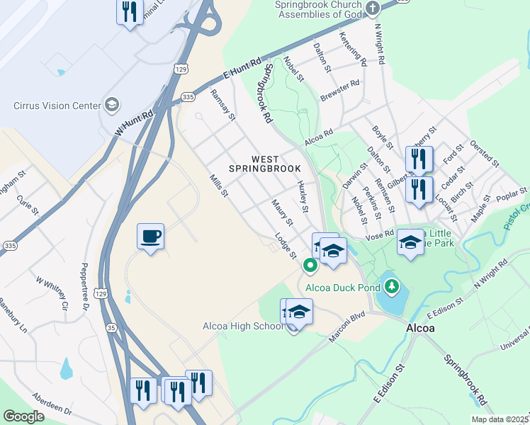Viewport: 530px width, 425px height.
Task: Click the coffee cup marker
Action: click(x=150, y=237)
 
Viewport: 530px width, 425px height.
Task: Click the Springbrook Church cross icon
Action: click(x=373, y=8)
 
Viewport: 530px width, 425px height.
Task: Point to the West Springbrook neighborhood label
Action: click(x=265, y=164)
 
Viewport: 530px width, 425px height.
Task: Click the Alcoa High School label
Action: click(x=242, y=326)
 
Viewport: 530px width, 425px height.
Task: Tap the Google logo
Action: click(x=23, y=416)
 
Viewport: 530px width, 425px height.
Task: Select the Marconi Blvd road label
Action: click(x=346, y=328)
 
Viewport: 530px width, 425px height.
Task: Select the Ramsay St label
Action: click(x=222, y=105)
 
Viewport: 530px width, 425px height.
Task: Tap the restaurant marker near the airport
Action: click(x=129, y=12)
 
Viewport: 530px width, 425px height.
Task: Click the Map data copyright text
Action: click(x=500, y=419)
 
